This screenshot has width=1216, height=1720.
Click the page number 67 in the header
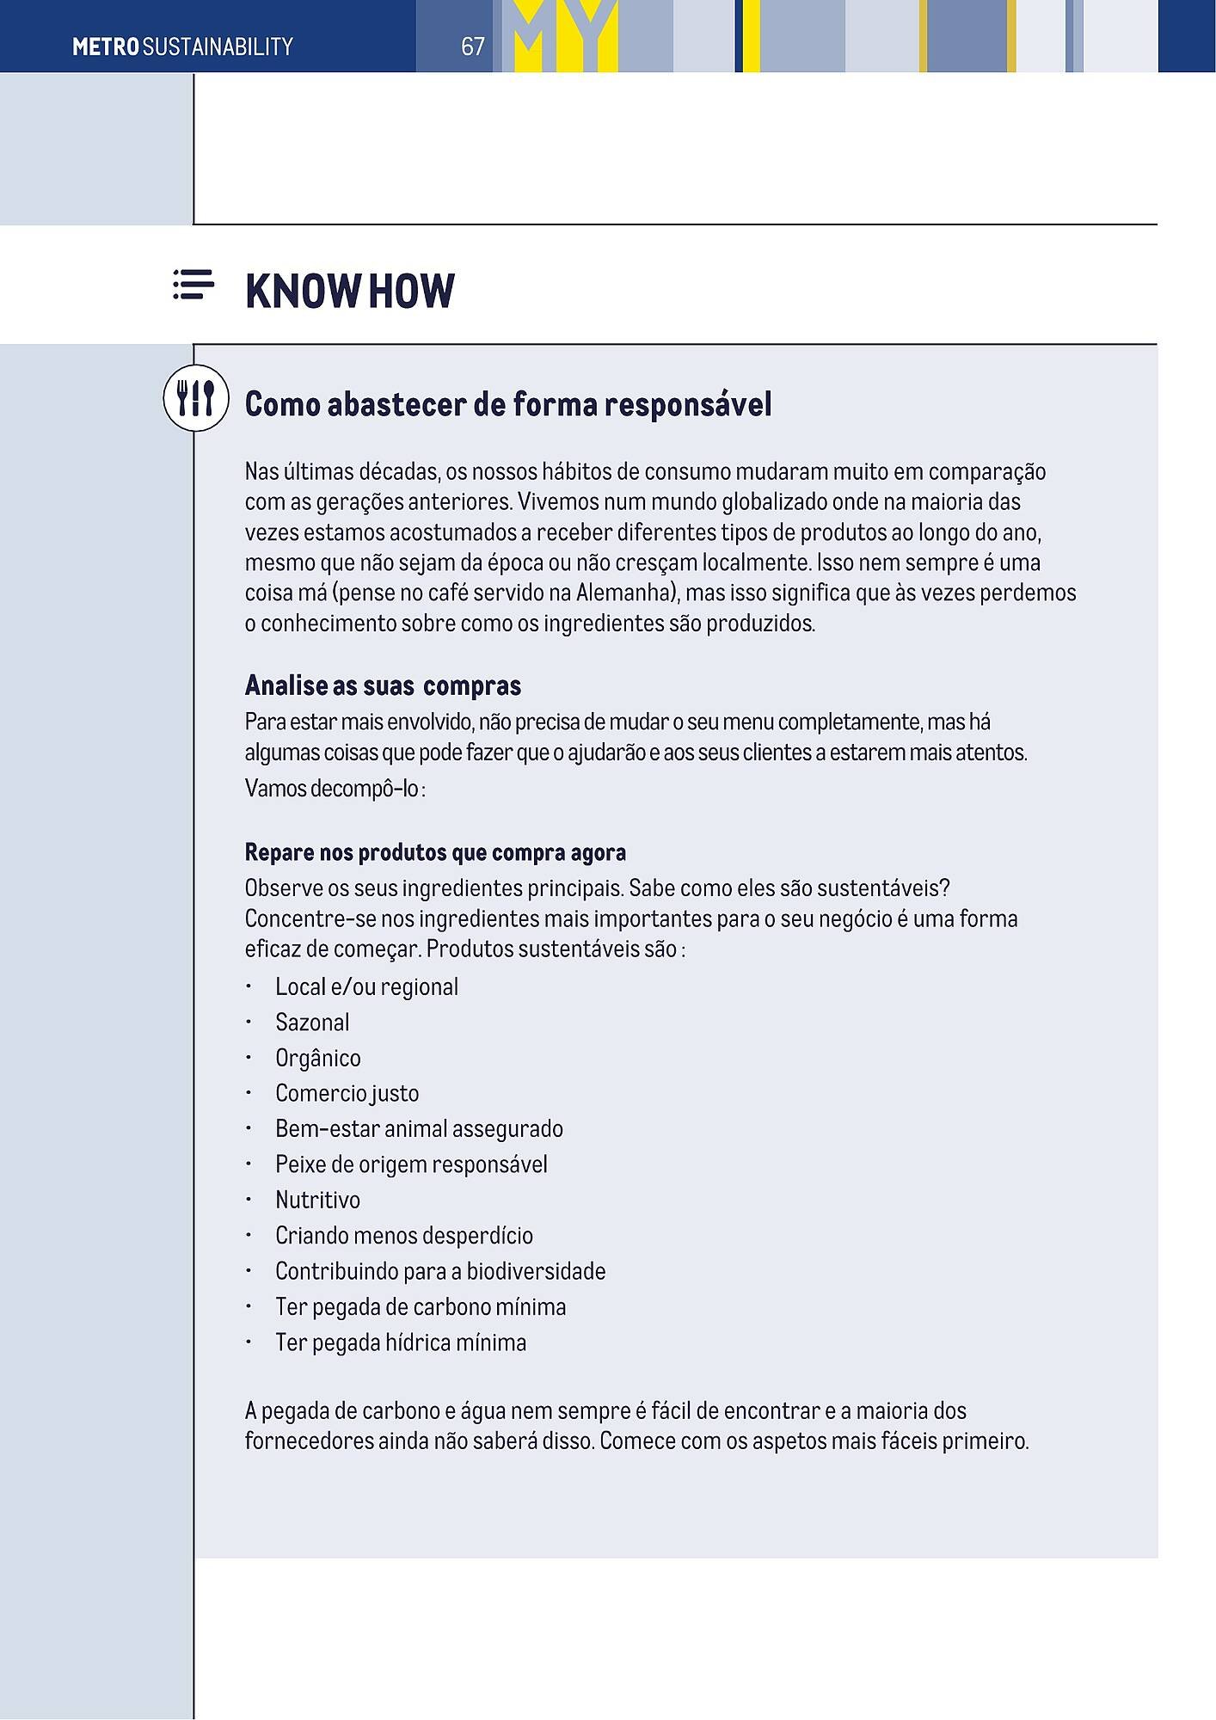click(x=473, y=46)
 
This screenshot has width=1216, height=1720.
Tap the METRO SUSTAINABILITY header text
click(x=182, y=46)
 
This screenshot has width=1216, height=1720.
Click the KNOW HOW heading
click(x=349, y=292)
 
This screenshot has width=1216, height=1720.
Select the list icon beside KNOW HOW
click(x=193, y=285)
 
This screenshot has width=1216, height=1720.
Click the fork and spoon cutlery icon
click(x=196, y=398)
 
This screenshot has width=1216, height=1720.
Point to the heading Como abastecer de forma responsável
click(x=508, y=404)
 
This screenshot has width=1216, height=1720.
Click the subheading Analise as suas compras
click(x=383, y=685)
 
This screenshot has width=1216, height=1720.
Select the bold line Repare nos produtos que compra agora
click(x=435, y=852)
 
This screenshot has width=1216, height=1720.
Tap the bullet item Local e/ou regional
click(x=366, y=986)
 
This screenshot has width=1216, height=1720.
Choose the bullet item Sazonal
click(x=312, y=1023)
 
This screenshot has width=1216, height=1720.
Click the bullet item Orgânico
click(x=318, y=1058)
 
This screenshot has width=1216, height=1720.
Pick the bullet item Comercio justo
click(x=347, y=1093)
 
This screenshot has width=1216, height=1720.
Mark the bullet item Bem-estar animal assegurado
click(x=419, y=1128)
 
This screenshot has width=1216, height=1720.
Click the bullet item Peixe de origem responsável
click(x=411, y=1164)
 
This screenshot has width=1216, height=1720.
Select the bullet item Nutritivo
click(x=317, y=1200)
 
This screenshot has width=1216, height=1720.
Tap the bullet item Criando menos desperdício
click(x=404, y=1236)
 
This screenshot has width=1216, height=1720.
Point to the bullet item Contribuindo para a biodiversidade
click(x=440, y=1271)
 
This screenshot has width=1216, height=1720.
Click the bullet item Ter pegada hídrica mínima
click(x=401, y=1342)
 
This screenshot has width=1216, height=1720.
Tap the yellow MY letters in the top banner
click(x=566, y=36)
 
